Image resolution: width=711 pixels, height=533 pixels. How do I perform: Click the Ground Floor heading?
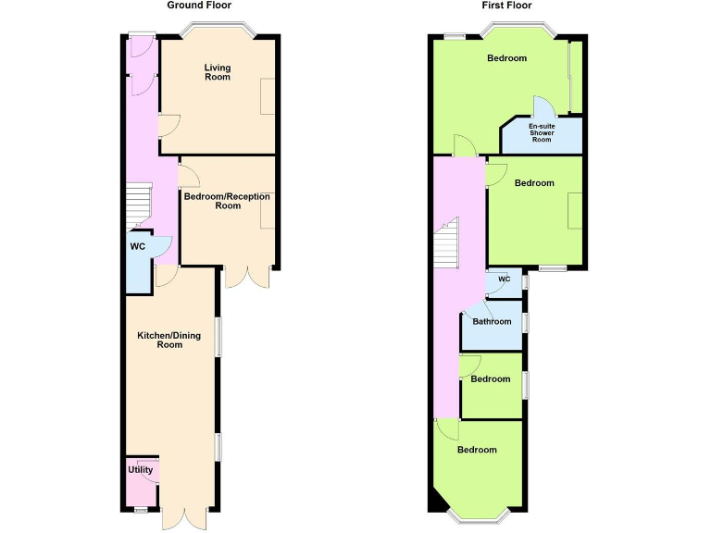(199, 6)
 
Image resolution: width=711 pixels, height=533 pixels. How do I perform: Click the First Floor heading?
(506, 6)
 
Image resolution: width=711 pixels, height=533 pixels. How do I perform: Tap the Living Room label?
(218, 72)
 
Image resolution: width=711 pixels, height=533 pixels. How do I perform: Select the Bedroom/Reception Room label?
(227, 201)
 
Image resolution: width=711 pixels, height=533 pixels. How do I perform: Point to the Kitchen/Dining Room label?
(168, 340)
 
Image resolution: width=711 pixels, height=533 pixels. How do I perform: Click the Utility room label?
(141, 470)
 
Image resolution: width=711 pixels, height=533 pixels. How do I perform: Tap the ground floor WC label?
(138, 247)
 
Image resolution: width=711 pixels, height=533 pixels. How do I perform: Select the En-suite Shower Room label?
(542, 133)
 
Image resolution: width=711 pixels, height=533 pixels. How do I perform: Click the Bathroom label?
(492, 322)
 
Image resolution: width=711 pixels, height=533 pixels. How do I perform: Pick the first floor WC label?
(505, 279)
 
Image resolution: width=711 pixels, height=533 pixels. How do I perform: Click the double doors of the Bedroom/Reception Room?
(246, 277)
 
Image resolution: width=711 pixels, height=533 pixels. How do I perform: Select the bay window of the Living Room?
(217, 32)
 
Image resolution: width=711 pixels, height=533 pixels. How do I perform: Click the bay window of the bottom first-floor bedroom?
(478, 514)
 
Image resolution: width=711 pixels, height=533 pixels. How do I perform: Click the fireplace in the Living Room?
(268, 96)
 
